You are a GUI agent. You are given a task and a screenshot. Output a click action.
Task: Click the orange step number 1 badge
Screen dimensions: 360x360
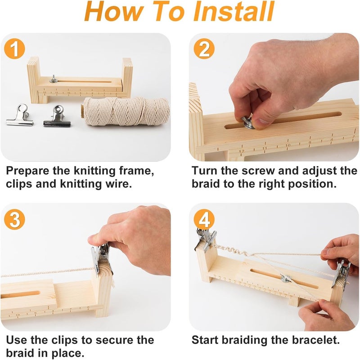click(x=14, y=49)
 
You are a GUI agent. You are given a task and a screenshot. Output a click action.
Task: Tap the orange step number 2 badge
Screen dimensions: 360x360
click(x=204, y=49)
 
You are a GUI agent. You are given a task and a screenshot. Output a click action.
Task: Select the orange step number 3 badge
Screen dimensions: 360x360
click(x=14, y=219)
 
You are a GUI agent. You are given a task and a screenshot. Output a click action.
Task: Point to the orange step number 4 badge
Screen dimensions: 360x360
click(x=204, y=219)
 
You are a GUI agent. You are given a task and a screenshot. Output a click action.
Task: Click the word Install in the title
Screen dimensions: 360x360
click(x=234, y=11)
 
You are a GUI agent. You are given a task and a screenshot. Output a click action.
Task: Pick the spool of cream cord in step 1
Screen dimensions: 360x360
click(x=126, y=111)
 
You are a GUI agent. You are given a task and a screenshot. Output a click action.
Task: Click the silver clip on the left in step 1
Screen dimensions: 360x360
click(x=20, y=115)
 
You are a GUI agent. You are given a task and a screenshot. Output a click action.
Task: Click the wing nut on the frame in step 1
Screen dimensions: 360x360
click(x=54, y=79)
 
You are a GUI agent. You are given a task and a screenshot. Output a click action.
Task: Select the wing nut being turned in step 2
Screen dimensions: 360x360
click(x=248, y=122)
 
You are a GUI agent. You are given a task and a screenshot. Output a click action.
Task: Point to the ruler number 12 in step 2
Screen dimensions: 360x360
click(x=241, y=151)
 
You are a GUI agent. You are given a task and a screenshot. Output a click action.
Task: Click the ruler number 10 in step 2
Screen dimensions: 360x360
click(x=288, y=145)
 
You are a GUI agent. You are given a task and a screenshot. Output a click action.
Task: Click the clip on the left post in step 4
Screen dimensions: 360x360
click(x=206, y=239)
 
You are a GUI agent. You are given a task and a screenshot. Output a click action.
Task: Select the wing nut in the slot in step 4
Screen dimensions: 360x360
click(x=286, y=279)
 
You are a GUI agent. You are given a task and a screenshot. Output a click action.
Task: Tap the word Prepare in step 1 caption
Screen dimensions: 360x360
click(x=28, y=171)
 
